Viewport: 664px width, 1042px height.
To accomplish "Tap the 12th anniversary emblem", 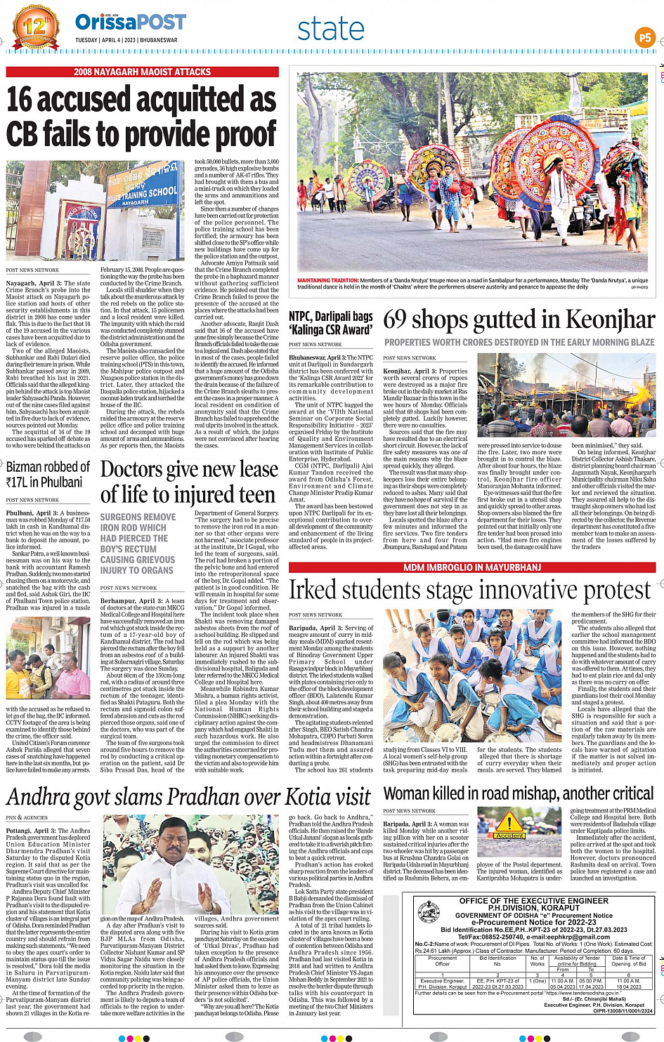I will tap(35, 27).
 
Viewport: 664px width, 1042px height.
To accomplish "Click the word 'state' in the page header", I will tap(330, 29).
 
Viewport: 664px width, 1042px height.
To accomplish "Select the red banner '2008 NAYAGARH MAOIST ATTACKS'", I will tap(143, 72).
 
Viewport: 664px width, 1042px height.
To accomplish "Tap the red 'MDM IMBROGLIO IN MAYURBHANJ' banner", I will tap(472, 567).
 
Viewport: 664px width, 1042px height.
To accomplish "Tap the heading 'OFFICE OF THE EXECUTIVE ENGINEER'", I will tap(534, 900).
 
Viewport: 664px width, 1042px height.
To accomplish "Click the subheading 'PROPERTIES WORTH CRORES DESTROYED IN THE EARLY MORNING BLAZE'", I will tap(519, 342).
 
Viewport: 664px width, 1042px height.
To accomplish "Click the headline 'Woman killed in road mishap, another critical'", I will tap(519, 793).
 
